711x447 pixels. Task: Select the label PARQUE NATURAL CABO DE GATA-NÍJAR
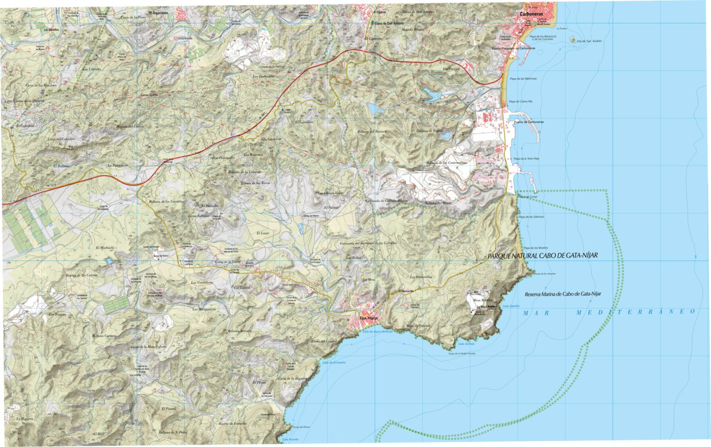tap(543, 255)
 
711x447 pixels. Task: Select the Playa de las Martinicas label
tap(523, 79)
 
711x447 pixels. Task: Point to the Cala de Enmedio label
tap(334, 362)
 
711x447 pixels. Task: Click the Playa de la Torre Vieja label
tap(525, 159)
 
